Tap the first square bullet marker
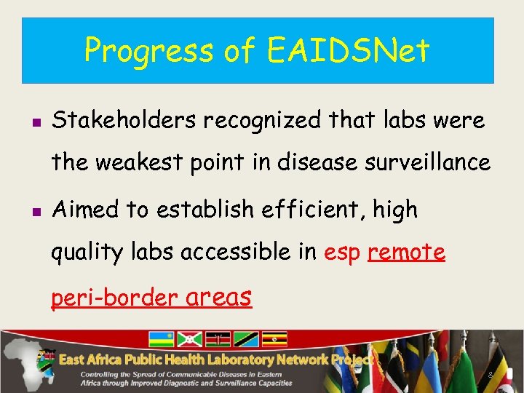(35, 122)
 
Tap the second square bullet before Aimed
(35, 212)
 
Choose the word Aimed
(86, 210)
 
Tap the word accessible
(238, 253)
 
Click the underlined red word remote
(407, 253)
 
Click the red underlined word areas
(219, 297)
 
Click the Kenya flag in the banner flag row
(219, 339)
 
